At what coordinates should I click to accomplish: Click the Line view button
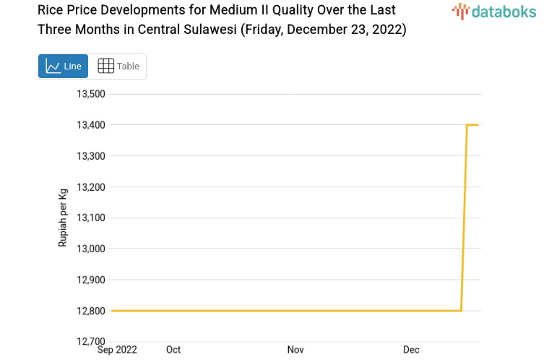63,66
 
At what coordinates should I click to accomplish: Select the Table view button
118,66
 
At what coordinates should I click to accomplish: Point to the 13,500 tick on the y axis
91,94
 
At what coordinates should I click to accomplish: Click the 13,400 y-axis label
91,125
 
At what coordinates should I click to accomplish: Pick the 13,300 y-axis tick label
91,156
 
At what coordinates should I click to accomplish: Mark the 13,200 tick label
91,187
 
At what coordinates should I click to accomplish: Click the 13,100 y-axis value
91,218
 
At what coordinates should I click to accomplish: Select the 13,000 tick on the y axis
91,249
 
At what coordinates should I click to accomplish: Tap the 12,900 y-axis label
91,280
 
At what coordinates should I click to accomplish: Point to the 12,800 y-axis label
91,311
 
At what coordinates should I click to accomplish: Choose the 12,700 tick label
91,341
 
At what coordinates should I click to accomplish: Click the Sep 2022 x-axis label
117,350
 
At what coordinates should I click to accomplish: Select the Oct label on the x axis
173,350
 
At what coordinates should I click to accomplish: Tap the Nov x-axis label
295,350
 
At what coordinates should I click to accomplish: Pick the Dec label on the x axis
411,350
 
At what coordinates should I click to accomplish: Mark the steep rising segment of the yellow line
465,217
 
